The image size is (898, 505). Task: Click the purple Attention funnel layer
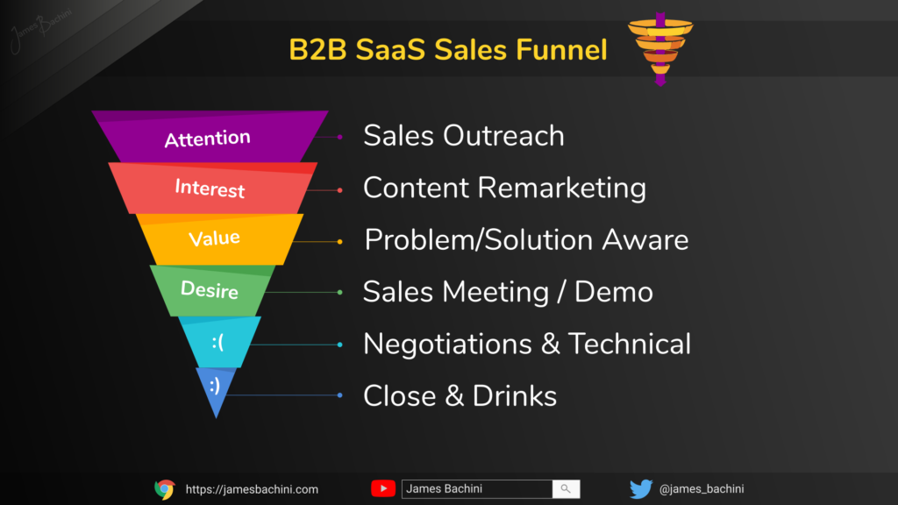click(210, 137)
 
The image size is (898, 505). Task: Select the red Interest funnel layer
click(212, 188)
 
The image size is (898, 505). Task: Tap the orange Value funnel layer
click(218, 239)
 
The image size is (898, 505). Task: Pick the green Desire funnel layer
click(213, 290)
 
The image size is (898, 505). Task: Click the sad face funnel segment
click(218, 342)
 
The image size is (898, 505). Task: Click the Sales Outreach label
click(464, 136)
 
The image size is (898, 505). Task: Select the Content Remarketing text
click(504, 188)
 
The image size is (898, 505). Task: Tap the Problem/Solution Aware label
click(526, 240)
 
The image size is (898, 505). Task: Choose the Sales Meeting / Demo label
click(508, 292)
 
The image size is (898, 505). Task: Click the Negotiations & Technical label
click(527, 344)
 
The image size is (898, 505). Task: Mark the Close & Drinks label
click(460, 396)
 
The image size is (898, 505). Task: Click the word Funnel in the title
click(561, 49)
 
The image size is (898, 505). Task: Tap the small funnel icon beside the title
click(660, 49)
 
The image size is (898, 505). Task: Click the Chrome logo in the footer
click(165, 489)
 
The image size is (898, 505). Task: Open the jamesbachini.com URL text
click(252, 489)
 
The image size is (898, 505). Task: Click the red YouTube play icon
click(383, 488)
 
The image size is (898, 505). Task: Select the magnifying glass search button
click(566, 489)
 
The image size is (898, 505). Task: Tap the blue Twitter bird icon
click(641, 489)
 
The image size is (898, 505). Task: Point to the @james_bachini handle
click(702, 489)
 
